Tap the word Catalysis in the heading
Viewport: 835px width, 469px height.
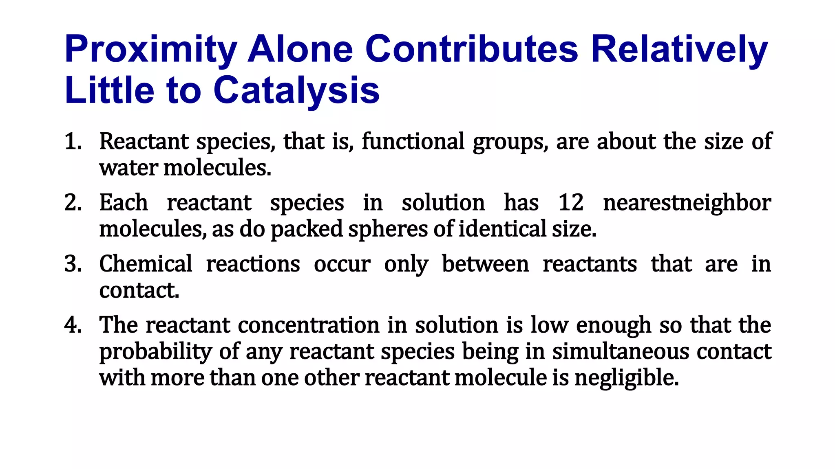click(296, 90)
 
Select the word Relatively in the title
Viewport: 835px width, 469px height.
click(679, 50)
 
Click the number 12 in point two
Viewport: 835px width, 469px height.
click(571, 203)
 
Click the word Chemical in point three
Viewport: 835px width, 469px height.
click(146, 264)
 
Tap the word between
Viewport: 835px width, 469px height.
click(485, 264)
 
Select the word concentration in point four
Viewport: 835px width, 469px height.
click(309, 325)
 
